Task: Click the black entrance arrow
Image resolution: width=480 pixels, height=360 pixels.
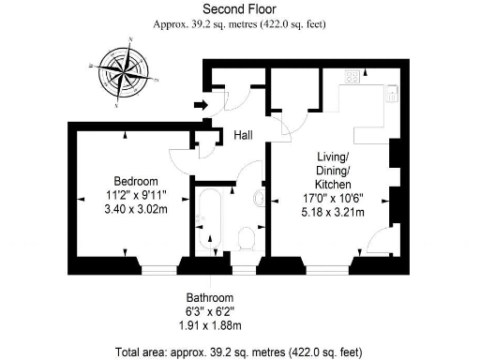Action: point(199,105)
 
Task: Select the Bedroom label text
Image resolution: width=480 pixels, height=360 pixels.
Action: point(136,180)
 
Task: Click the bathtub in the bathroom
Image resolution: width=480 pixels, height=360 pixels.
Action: point(207,222)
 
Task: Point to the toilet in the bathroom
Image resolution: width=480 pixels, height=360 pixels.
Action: point(246,239)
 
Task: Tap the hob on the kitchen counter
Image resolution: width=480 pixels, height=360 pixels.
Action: point(353,78)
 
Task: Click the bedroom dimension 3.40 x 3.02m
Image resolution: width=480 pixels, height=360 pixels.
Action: point(136,210)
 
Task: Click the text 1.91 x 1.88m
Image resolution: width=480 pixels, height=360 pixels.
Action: point(209,325)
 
